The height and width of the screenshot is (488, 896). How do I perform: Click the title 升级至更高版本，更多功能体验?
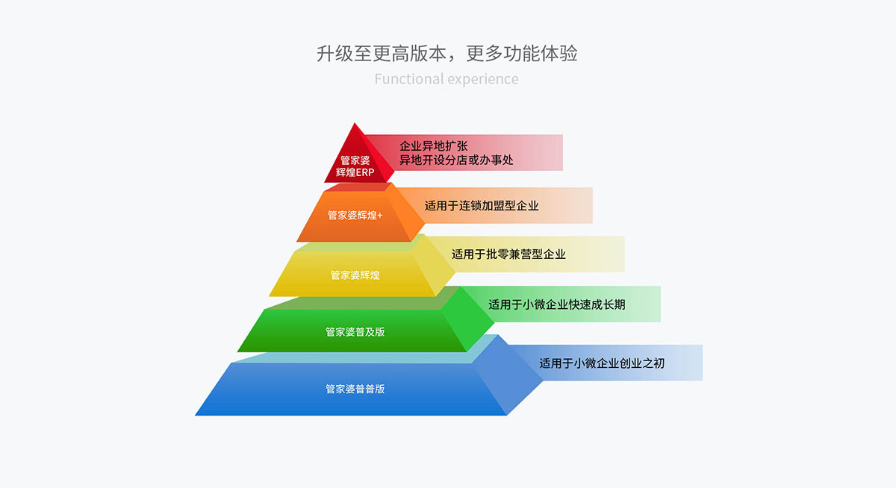[447, 54]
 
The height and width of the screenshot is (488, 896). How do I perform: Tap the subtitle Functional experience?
[447, 79]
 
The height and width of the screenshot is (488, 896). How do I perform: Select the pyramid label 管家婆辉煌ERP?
[355, 166]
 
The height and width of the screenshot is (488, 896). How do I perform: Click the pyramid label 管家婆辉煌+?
[355, 215]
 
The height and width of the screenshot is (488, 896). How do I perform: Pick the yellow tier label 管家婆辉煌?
[355, 275]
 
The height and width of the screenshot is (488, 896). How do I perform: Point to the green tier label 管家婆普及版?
[355, 331]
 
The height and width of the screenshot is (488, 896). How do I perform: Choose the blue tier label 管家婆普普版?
[355, 389]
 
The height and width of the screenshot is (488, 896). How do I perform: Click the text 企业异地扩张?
[434, 146]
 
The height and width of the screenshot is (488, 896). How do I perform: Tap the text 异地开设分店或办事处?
[456, 160]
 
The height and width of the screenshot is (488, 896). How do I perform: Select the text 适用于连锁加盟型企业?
[482, 205]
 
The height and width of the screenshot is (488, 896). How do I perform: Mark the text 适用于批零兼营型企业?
[508, 254]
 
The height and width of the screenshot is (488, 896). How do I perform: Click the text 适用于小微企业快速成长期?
[557, 304]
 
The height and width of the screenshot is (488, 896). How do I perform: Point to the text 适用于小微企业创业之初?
[602, 363]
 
